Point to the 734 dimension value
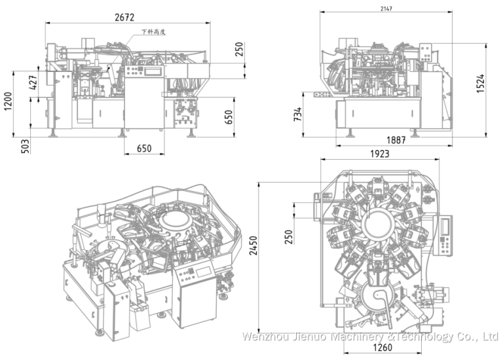click(x=298, y=115)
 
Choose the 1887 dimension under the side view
click(x=395, y=140)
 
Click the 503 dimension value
click(x=26, y=145)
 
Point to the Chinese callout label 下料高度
click(x=155, y=31)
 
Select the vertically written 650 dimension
click(x=229, y=117)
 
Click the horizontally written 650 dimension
click(x=144, y=149)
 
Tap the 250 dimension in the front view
click(x=239, y=50)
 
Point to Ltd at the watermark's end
click(x=490, y=336)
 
